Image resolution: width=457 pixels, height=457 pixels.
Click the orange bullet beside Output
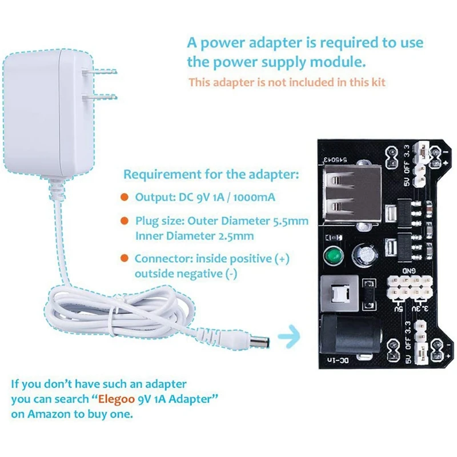[124, 197]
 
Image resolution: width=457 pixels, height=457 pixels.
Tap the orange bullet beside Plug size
[124, 221]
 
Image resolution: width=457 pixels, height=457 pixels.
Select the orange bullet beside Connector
[124, 259]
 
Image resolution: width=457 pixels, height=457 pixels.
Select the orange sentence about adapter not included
[287, 82]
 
